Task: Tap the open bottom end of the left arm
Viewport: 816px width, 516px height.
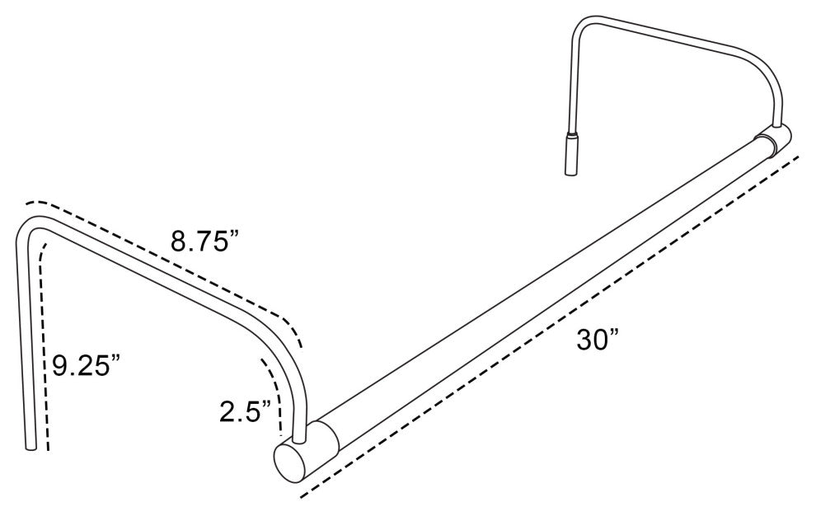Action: point(30,446)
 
